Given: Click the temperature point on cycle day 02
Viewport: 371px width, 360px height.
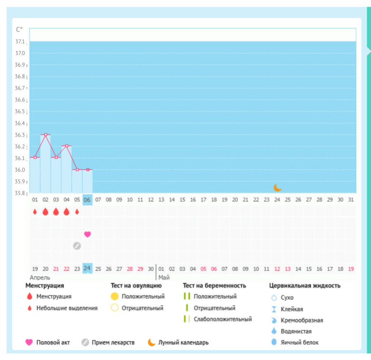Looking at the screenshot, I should pos(46,134).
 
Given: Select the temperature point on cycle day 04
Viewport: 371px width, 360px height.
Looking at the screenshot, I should pos(66,146).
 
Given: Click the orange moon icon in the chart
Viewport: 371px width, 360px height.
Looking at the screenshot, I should pos(277,187).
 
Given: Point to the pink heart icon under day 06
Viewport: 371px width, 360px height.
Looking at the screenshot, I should pos(87,234).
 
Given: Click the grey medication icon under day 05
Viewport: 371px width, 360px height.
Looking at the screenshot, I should pos(77,246).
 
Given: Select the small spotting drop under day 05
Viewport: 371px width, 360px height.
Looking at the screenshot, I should pos(77,212).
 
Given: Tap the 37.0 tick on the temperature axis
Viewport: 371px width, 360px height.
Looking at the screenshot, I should pos(20,53).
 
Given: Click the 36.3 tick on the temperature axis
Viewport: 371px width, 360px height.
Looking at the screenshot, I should pos(20,135).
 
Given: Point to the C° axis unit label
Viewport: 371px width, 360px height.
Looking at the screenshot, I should pos(19,30).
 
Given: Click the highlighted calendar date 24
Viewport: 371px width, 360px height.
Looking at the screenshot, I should pos(87,268).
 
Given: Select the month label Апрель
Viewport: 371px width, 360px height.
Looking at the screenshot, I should pos(40,278).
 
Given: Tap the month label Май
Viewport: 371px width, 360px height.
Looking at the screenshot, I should pos(164,278).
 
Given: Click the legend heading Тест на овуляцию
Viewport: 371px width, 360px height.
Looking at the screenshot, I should pos(133,286).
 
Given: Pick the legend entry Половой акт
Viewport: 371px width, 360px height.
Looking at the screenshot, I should pos(53,343).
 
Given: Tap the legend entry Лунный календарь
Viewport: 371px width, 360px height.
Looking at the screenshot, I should pos(184,343).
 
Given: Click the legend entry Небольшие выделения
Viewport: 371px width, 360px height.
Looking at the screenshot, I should pos(67,308).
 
